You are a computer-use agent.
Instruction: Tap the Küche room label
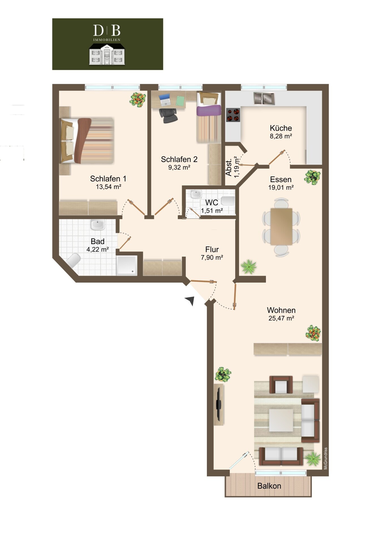click(281, 128)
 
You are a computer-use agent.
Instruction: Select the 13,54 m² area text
click(109, 187)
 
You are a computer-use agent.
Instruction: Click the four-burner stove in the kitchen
click(233, 115)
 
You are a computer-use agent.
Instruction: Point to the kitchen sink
click(264, 99)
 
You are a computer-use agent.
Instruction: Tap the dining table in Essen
click(281, 226)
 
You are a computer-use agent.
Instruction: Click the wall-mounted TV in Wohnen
click(218, 404)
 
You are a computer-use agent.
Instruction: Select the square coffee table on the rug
click(281, 420)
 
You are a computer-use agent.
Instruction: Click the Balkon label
click(269, 486)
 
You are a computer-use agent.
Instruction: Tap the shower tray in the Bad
click(127, 265)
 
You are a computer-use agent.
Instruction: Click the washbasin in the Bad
click(97, 225)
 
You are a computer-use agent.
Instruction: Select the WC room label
click(212, 203)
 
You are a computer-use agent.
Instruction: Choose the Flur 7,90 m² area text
click(212, 258)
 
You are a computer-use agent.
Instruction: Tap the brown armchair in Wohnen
click(281, 385)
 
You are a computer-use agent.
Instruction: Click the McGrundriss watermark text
click(325, 458)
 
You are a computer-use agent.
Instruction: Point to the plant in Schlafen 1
click(138, 99)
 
